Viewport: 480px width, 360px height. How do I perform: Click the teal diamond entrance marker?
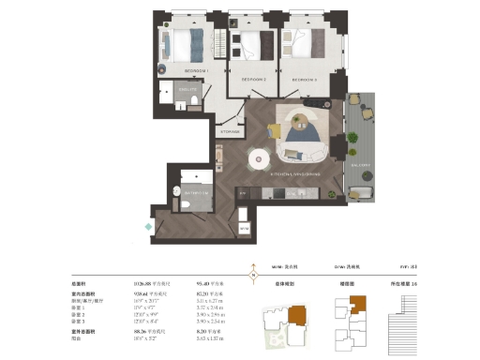[147, 227]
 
